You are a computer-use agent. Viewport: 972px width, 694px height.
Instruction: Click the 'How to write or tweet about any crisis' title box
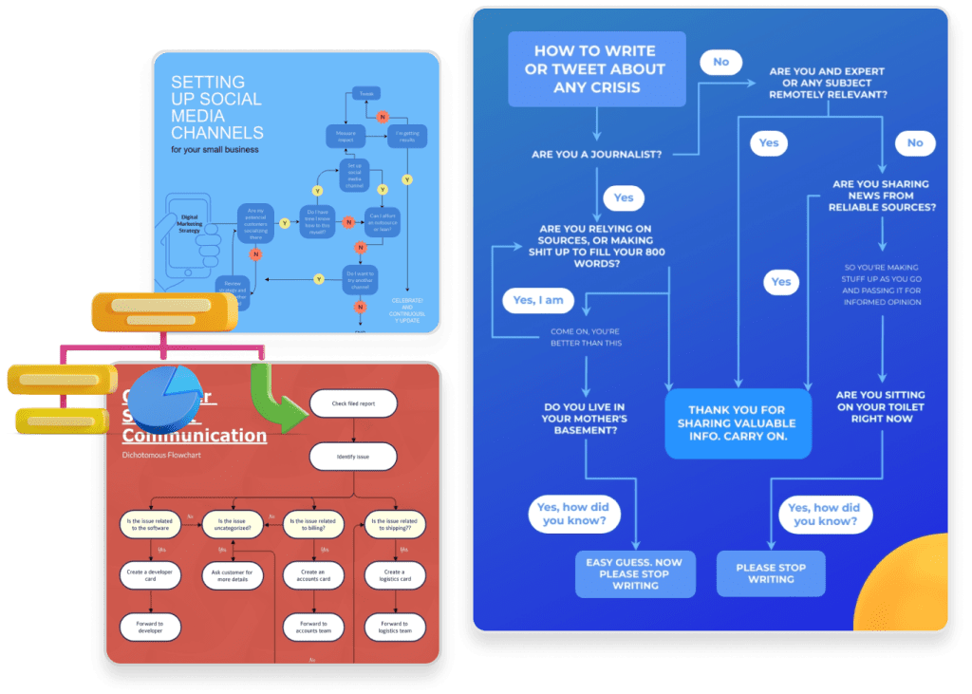click(x=596, y=69)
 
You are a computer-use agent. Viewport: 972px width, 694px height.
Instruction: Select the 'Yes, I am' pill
click(x=538, y=300)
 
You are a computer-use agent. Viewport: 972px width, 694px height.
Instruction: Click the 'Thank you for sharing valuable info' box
click(x=738, y=424)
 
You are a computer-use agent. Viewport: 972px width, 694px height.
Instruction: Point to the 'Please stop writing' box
click(x=771, y=573)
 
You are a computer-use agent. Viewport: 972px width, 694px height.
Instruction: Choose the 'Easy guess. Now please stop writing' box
click(x=635, y=573)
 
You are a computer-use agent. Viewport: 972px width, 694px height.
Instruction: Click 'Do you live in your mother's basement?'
click(x=585, y=418)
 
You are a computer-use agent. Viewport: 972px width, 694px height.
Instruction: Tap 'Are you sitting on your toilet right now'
click(x=880, y=406)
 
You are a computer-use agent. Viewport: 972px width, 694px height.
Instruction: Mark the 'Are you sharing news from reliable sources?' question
click(x=881, y=196)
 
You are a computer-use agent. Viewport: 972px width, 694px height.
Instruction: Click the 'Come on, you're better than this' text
click(x=586, y=337)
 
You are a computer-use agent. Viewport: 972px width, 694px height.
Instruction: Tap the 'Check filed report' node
click(x=353, y=403)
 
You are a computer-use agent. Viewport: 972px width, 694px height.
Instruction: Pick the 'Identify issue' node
click(x=353, y=457)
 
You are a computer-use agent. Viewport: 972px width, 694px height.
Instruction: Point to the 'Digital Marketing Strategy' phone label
click(x=196, y=226)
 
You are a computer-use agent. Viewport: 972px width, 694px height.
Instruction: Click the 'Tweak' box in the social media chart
click(x=365, y=94)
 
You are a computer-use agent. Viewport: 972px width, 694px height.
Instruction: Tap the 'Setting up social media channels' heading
click(x=216, y=108)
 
